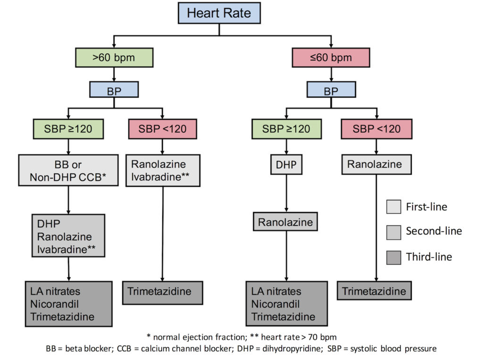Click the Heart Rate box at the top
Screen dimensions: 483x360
pos(219,13)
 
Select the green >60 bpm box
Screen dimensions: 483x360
pos(114,58)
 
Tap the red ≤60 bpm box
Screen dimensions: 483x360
pos(331,58)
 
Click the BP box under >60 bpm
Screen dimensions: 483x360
pos(114,89)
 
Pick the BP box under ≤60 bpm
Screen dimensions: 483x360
pos(331,89)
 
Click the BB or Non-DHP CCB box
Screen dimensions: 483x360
pos(68,170)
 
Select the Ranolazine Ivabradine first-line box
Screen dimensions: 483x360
pos(163,170)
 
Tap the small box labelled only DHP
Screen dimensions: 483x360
pos(286,165)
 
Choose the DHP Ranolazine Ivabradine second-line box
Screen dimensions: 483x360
pos(68,236)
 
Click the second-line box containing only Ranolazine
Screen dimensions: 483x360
pos(285,222)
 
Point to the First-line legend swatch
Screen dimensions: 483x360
pos(394,207)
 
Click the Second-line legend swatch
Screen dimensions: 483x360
pos(394,232)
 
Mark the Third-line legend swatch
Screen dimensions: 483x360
pos(394,257)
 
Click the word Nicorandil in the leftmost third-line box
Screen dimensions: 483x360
pos(55,304)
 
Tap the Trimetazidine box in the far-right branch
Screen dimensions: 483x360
pos(374,290)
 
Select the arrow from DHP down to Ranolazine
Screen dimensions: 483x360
pos(286,193)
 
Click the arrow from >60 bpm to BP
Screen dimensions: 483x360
pos(114,74)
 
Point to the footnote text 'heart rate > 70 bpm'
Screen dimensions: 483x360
pos(299,337)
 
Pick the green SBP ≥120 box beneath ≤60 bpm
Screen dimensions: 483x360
pos(286,129)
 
